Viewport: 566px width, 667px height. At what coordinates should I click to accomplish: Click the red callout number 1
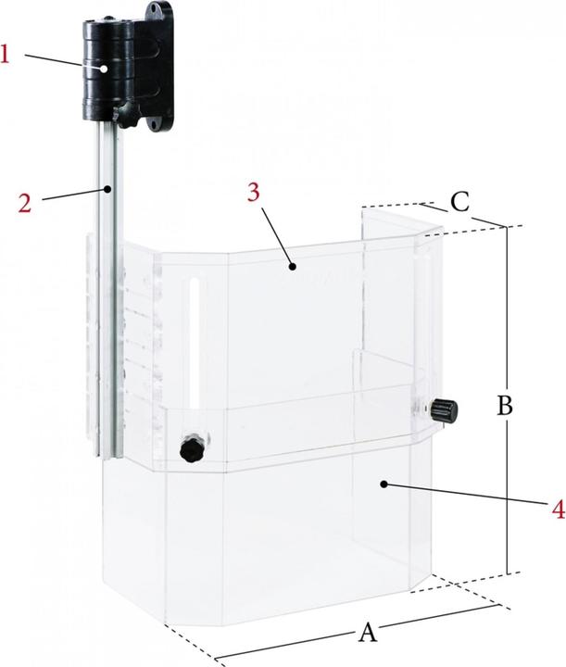point(5,56)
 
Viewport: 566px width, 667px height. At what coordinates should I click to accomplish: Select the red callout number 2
point(25,203)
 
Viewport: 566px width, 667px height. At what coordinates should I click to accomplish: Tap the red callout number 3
point(254,193)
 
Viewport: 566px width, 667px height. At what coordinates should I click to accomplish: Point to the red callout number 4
point(559,509)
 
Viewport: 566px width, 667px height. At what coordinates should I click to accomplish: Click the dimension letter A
point(368,632)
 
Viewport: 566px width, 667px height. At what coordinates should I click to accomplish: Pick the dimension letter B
point(505,406)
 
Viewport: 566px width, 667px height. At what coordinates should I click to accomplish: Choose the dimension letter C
point(460,202)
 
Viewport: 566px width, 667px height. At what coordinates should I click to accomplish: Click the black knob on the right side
point(445,410)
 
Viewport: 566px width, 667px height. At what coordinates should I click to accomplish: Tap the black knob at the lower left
point(192,448)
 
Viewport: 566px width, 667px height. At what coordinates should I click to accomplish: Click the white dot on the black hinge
point(104,68)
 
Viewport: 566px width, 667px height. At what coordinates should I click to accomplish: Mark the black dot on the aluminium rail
point(109,188)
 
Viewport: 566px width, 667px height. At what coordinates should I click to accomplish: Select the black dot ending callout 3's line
point(292,267)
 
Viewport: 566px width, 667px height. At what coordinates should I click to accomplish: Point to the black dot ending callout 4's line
point(384,484)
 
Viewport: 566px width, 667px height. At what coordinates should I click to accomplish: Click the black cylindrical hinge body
point(108,68)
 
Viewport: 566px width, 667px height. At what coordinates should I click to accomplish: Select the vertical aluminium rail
point(109,289)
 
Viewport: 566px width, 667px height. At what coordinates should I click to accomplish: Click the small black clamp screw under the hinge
point(126,116)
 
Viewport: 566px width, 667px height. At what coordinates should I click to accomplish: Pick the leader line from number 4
point(467,494)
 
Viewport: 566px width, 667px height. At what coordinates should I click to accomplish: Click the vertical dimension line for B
point(507,400)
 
